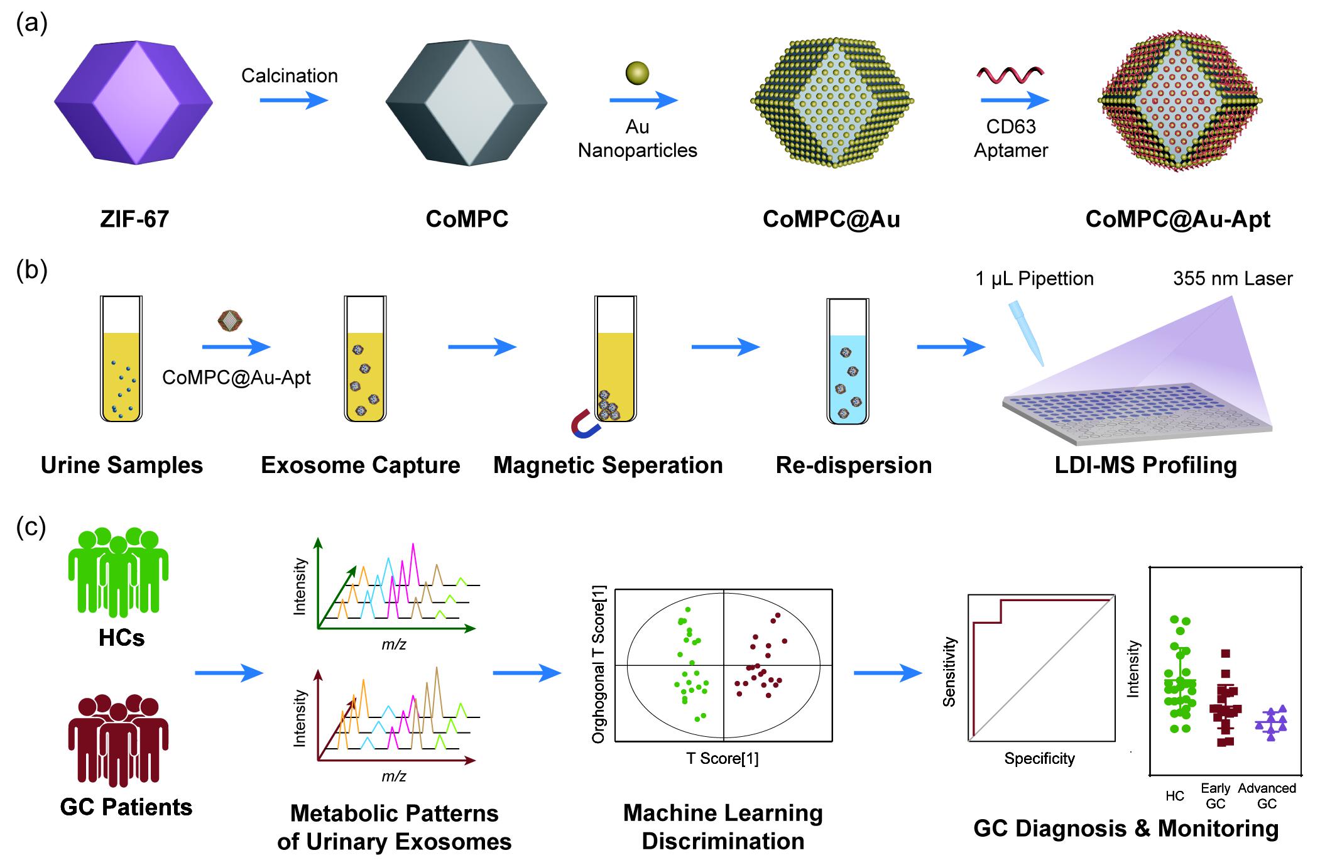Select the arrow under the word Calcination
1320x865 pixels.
coord(293,100)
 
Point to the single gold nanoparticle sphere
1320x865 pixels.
coord(637,73)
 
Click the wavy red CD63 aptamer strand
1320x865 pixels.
coord(1010,76)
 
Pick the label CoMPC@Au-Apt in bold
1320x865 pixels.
coord(1177,219)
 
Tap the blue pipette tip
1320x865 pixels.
coord(1025,333)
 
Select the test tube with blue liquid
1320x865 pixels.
coord(848,361)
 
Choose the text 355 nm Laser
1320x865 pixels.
coord(1232,278)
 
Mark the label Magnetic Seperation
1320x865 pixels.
coord(608,465)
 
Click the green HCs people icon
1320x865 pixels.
coord(118,572)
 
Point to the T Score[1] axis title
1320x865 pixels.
coord(722,758)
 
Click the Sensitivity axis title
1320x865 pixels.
coord(949,672)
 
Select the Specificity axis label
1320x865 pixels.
coord(1039,758)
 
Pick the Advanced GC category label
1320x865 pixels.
coord(1267,795)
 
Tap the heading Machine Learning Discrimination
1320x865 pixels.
coord(723,827)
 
